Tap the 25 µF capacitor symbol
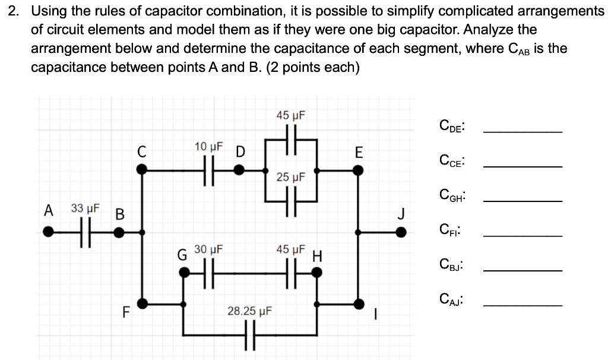pos(291,201)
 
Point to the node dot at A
pos(47,232)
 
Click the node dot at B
pos(119,232)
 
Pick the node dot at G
pos(185,273)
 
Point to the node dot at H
pos(318,273)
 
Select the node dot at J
pos(401,232)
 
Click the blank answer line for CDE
pos(522,131)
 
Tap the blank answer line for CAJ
pos(522,305)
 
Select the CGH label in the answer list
pos(452,195)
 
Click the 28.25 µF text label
pos(249,311)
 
